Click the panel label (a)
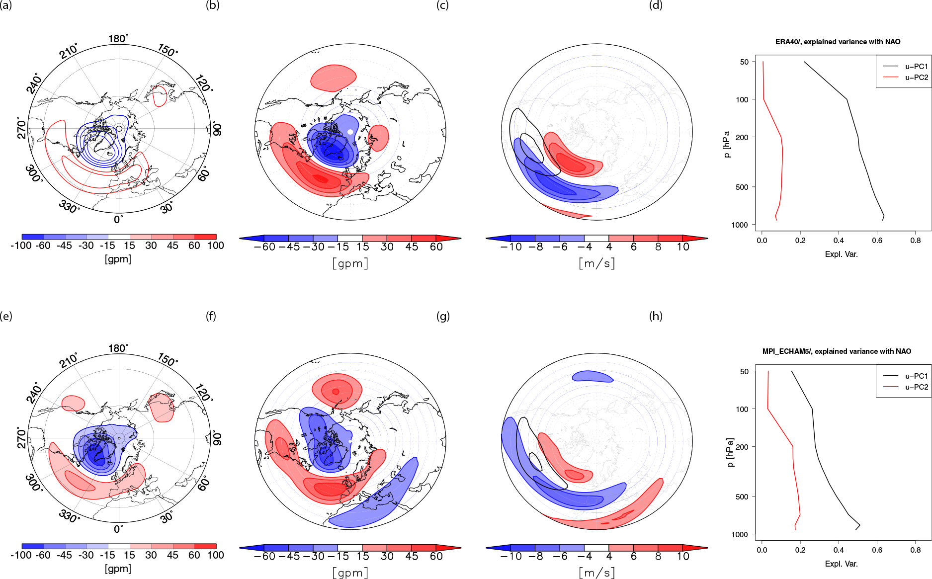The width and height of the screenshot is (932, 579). click(x=6, y=5)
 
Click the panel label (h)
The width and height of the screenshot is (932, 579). click(x=656, y=316)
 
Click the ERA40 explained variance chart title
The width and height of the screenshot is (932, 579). click(x=838, y=42)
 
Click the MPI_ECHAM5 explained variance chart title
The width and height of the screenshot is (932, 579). click(x=837, y=351)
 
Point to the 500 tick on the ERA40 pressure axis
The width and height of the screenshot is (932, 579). click(x=742, y=187)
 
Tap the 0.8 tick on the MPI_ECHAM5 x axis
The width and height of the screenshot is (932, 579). click(x=916, y=550)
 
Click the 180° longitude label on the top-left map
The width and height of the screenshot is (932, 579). click(x=118, y=39)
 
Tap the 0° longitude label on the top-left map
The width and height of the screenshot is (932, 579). click(x=118, y=219)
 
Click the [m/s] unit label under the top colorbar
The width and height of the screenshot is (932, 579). click(x=596, y=263)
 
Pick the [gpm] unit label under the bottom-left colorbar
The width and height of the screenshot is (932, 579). click(x=118, y=569)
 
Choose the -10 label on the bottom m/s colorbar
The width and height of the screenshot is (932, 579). click(x=511, y=556)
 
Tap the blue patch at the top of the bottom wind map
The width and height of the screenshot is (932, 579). click(x=593, y=376)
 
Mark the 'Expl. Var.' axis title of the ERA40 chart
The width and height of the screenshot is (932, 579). click(x=841, y=254)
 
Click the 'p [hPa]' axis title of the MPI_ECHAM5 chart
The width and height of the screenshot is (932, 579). click(x=730, y=453)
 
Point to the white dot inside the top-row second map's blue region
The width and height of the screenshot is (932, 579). click(x=350, y=132)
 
